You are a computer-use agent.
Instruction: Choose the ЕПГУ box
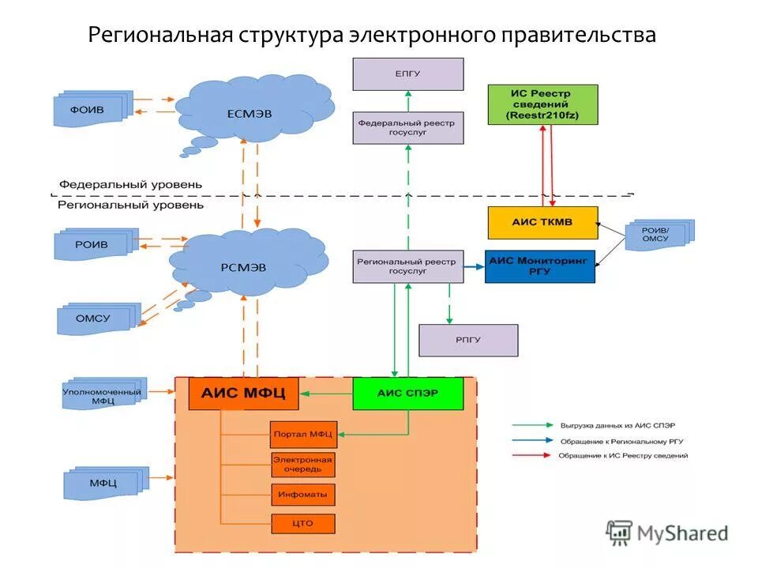pyautogui.click(x=407, y=74)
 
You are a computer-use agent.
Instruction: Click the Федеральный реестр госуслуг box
pyautogui.click(x=407, y=128)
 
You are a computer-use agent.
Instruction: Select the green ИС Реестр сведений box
pyautogui.click(x=542, y=105)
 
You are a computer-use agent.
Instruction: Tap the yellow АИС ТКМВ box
pyautogui.click(x=542, y=223)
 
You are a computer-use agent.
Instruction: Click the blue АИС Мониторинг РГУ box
pyautogui.click(x=539, y=266)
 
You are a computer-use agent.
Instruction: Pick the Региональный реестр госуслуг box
pyautogui.click(x=407, y=266)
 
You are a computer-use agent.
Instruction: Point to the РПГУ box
pyautogui.click(x=468, y=340)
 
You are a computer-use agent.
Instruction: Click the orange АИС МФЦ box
pyautogui.click(x=243, y=393)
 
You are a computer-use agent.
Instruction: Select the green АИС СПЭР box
pyautogui.click(x=407, y=393)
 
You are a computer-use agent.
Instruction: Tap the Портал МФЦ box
pyautogui.click(x=302, y=434)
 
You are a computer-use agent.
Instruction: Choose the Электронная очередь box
pyautogui.click(x=302, y=465)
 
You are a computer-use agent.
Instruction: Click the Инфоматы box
pyautogui.click(x=302, y=495)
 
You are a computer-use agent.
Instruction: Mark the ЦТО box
pyautogui.click(x=302, y=524)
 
